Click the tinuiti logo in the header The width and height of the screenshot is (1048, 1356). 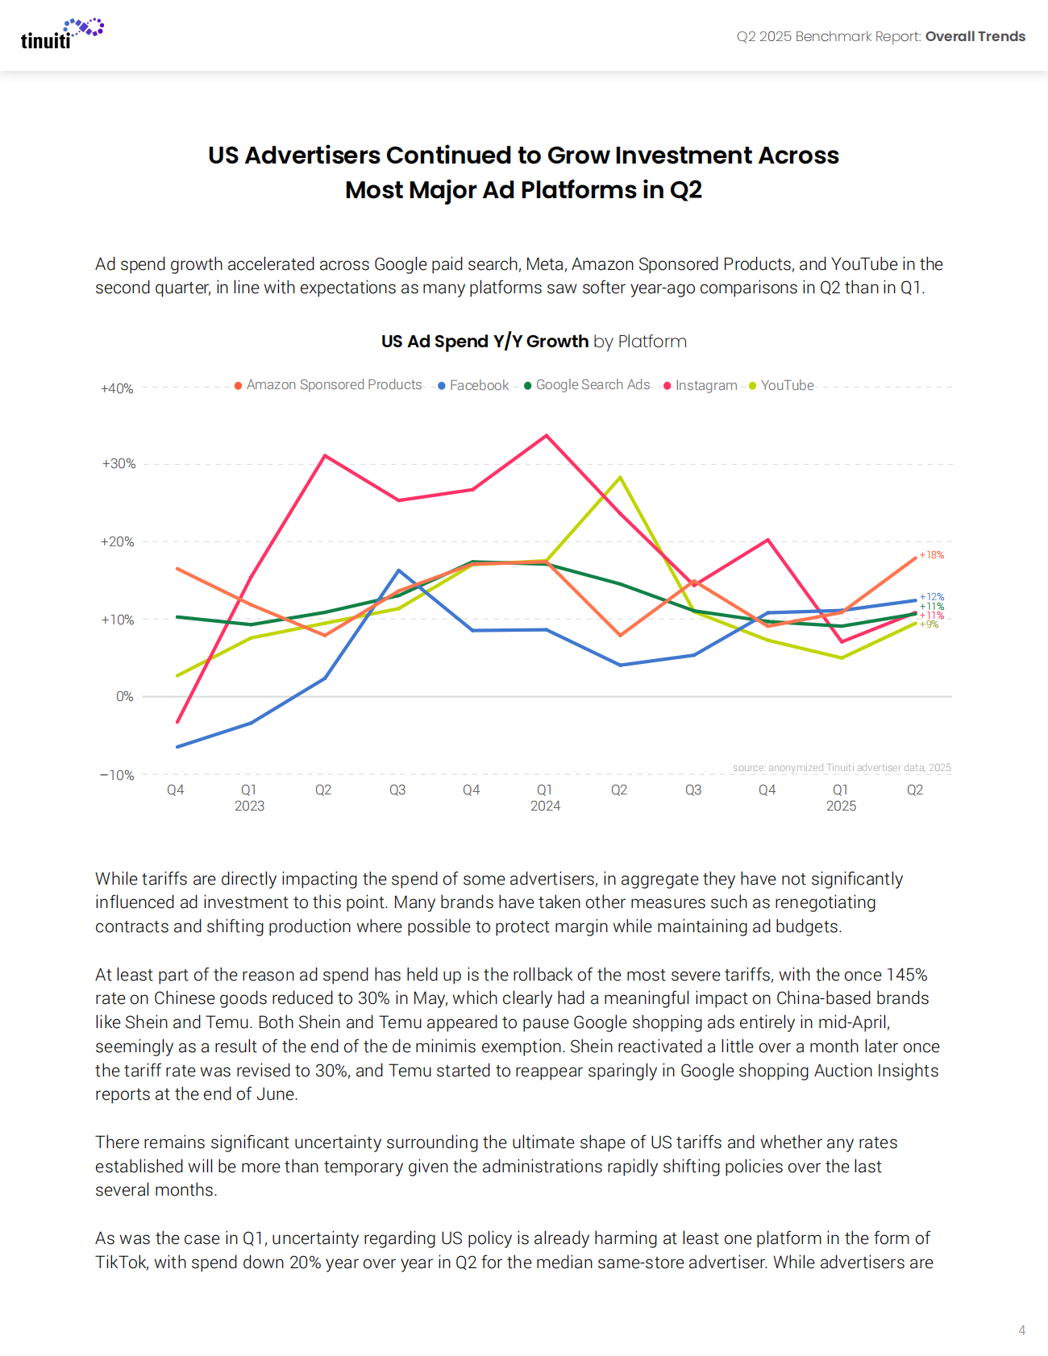coord(61,34)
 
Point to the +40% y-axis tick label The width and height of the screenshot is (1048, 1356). coord(117,388)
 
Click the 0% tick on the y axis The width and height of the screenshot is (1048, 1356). coord(124,696)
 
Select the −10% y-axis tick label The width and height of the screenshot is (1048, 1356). coord(117,775)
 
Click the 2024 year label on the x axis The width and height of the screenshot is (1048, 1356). coord(545,806)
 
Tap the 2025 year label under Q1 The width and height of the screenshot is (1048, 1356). coord(841,806)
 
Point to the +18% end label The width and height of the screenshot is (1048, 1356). coord(932,555)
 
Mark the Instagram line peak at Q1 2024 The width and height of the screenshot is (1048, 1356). coord(547,436)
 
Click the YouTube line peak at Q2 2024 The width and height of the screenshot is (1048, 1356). coord(620,477)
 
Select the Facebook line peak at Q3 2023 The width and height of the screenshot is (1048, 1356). coord(398,570)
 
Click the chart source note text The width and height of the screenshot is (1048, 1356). coord(842,768)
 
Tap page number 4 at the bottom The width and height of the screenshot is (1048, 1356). coord(1021,1330)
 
